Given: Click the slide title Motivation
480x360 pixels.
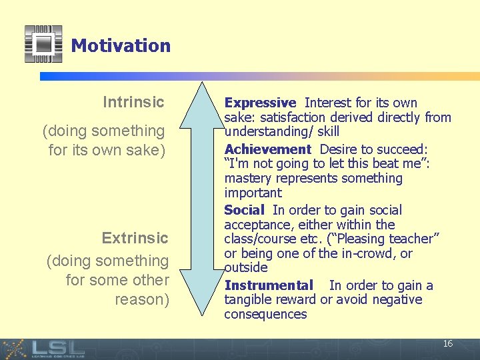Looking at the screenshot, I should (121, 45).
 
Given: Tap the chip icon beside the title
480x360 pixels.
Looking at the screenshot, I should (43, 43).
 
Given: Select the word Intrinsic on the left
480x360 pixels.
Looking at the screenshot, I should (133, 102).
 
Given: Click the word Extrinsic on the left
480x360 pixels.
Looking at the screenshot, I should (135, 238).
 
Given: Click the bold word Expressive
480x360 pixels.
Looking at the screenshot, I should (260, 103).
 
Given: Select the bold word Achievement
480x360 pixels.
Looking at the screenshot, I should (268, 149).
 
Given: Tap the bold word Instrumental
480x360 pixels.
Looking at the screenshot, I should (269, 285).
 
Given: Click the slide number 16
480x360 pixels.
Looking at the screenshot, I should (448, 343).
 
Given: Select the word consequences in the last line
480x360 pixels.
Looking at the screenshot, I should (265, 314).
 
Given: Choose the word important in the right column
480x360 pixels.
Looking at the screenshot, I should (253, 193).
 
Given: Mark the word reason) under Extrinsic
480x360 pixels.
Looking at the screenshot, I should (142, 299).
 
